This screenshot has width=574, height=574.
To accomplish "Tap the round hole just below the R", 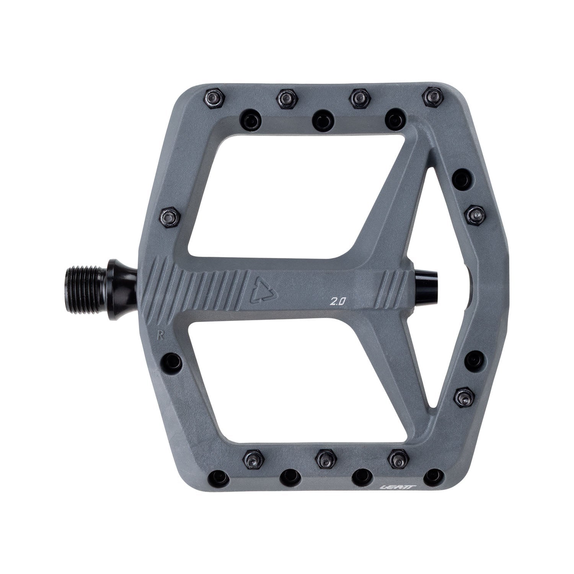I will pos(168,359).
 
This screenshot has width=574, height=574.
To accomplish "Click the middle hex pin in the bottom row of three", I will pos(326,456).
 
